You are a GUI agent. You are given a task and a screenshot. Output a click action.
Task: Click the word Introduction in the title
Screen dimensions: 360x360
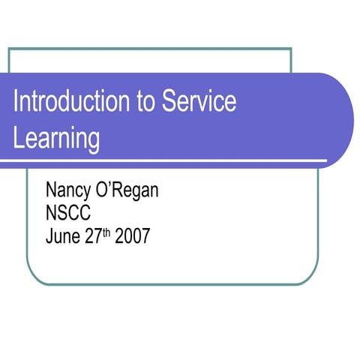[x=70, y=102]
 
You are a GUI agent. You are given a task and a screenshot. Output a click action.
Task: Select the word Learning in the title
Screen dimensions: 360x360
[x=56, y=138]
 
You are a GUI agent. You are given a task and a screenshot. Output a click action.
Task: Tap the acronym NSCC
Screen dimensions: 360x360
[x=68, y=214]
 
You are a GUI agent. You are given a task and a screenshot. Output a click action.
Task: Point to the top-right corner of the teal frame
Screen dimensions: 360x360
[x=291, y=49]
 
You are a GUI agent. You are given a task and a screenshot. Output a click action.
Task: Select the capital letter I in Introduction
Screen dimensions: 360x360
[x=16, y=102]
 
